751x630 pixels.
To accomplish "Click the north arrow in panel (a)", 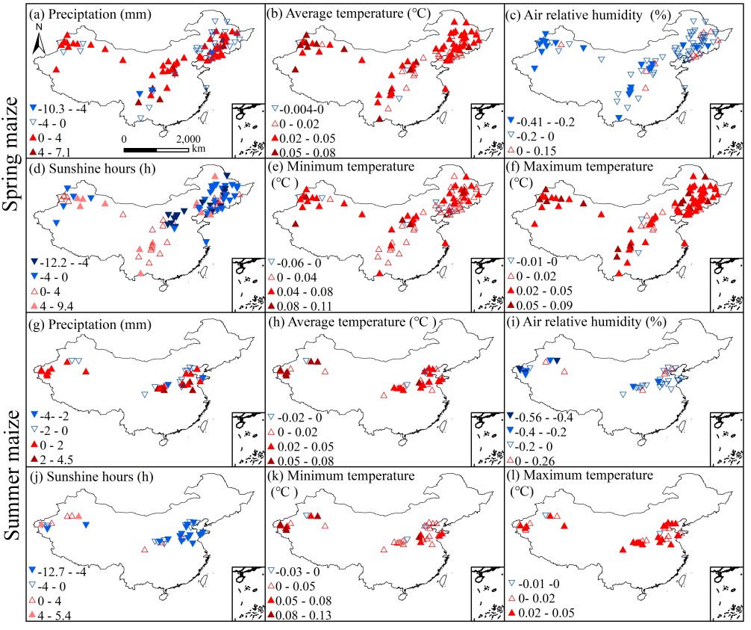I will coord(40,39).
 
